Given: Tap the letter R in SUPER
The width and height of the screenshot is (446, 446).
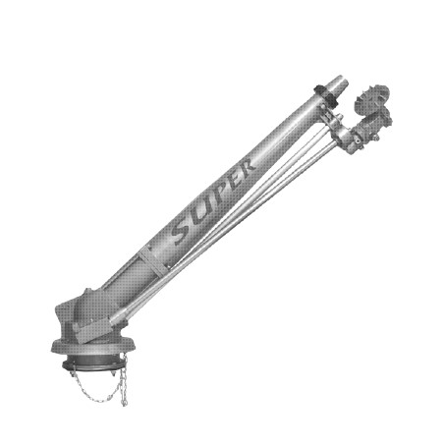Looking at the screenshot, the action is (245, 167).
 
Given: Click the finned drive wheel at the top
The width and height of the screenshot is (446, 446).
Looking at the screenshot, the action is (372, 98).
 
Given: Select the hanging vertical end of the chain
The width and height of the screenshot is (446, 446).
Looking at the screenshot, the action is (124, 380).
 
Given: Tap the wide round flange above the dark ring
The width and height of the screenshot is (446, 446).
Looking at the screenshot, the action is (93, 347).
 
